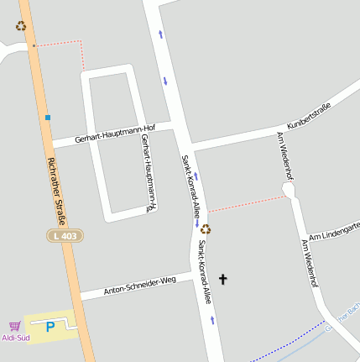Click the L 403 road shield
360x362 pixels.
pos(65,236)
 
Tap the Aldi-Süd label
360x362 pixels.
pos(16,338)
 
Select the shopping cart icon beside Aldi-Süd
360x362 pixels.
pos(14,326)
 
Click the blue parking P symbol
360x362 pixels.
pos(50,327)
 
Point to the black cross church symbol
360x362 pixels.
pos(223,278)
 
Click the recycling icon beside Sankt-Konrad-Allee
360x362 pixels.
pos(206,228)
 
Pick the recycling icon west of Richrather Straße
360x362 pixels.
pos(21,26)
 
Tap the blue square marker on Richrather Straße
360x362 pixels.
pos(48,118)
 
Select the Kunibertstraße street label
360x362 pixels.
pos(309,114)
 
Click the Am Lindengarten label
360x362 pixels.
pos(334,230)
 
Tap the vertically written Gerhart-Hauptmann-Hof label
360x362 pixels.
pos(149,172)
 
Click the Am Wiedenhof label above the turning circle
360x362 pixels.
pos(284,155)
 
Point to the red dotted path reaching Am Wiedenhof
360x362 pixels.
pos(248,202)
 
